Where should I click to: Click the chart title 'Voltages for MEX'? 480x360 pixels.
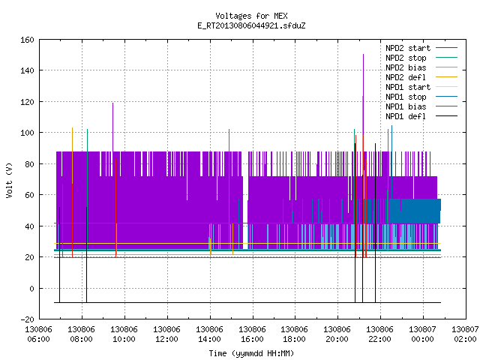(x=251, y=16)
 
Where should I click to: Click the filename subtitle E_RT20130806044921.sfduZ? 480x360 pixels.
(x=251, y=25)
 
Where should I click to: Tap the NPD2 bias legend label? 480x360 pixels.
(x=406, y=67)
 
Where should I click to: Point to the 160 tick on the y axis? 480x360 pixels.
(x=27, y=40)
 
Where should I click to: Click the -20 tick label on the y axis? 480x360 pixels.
(x=27, y=319)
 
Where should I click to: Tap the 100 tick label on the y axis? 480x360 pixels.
(x=27, y=133)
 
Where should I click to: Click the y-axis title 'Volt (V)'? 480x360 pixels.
(x=9, y=180)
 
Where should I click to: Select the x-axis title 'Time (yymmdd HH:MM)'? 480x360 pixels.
(x=251, y=353)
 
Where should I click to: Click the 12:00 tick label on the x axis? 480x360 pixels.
(x=166, y=334)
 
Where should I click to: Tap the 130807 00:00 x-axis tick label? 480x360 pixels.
(x=423, y=334)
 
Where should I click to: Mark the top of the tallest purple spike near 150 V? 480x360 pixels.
(x=363, y=55)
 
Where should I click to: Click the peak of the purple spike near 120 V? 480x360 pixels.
(x=112, y=103)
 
